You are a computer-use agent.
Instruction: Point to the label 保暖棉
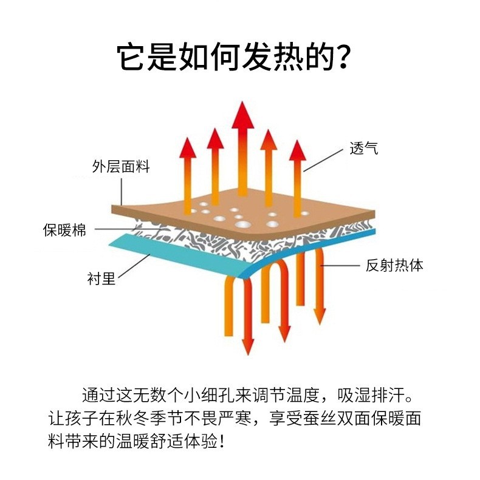coord(64,230)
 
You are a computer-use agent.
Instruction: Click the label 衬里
coord(101,280)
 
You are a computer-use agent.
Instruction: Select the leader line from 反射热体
coord(341,265)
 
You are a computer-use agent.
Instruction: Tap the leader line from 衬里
coord(133,267)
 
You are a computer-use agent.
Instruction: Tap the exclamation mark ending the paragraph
coord(223,441)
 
